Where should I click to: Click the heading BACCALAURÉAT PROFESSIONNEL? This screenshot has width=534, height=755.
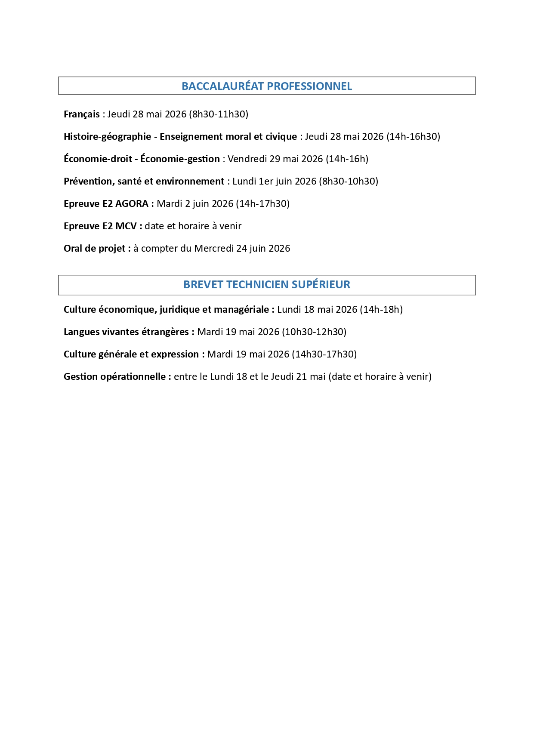coord(267,86)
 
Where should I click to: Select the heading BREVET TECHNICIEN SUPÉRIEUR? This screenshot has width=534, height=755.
coord(267,284)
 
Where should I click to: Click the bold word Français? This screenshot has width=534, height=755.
coord(81,114)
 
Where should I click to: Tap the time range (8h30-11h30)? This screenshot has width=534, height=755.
coord(219,114)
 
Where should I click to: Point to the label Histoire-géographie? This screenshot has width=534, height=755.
coord(107,137)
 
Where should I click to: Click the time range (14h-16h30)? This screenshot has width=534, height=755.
coord(413,136)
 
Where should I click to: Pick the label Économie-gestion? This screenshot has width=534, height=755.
coord(180,159)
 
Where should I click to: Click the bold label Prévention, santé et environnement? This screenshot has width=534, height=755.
coord(144,182)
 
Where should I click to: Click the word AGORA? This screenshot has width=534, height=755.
coord(131,203)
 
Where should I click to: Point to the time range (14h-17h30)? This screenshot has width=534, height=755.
coord(262,203)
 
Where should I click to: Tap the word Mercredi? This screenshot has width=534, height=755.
coord(214,248)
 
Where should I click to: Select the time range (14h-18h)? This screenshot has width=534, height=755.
coord(381,309)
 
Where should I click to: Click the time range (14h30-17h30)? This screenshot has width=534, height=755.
coord(324,354)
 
